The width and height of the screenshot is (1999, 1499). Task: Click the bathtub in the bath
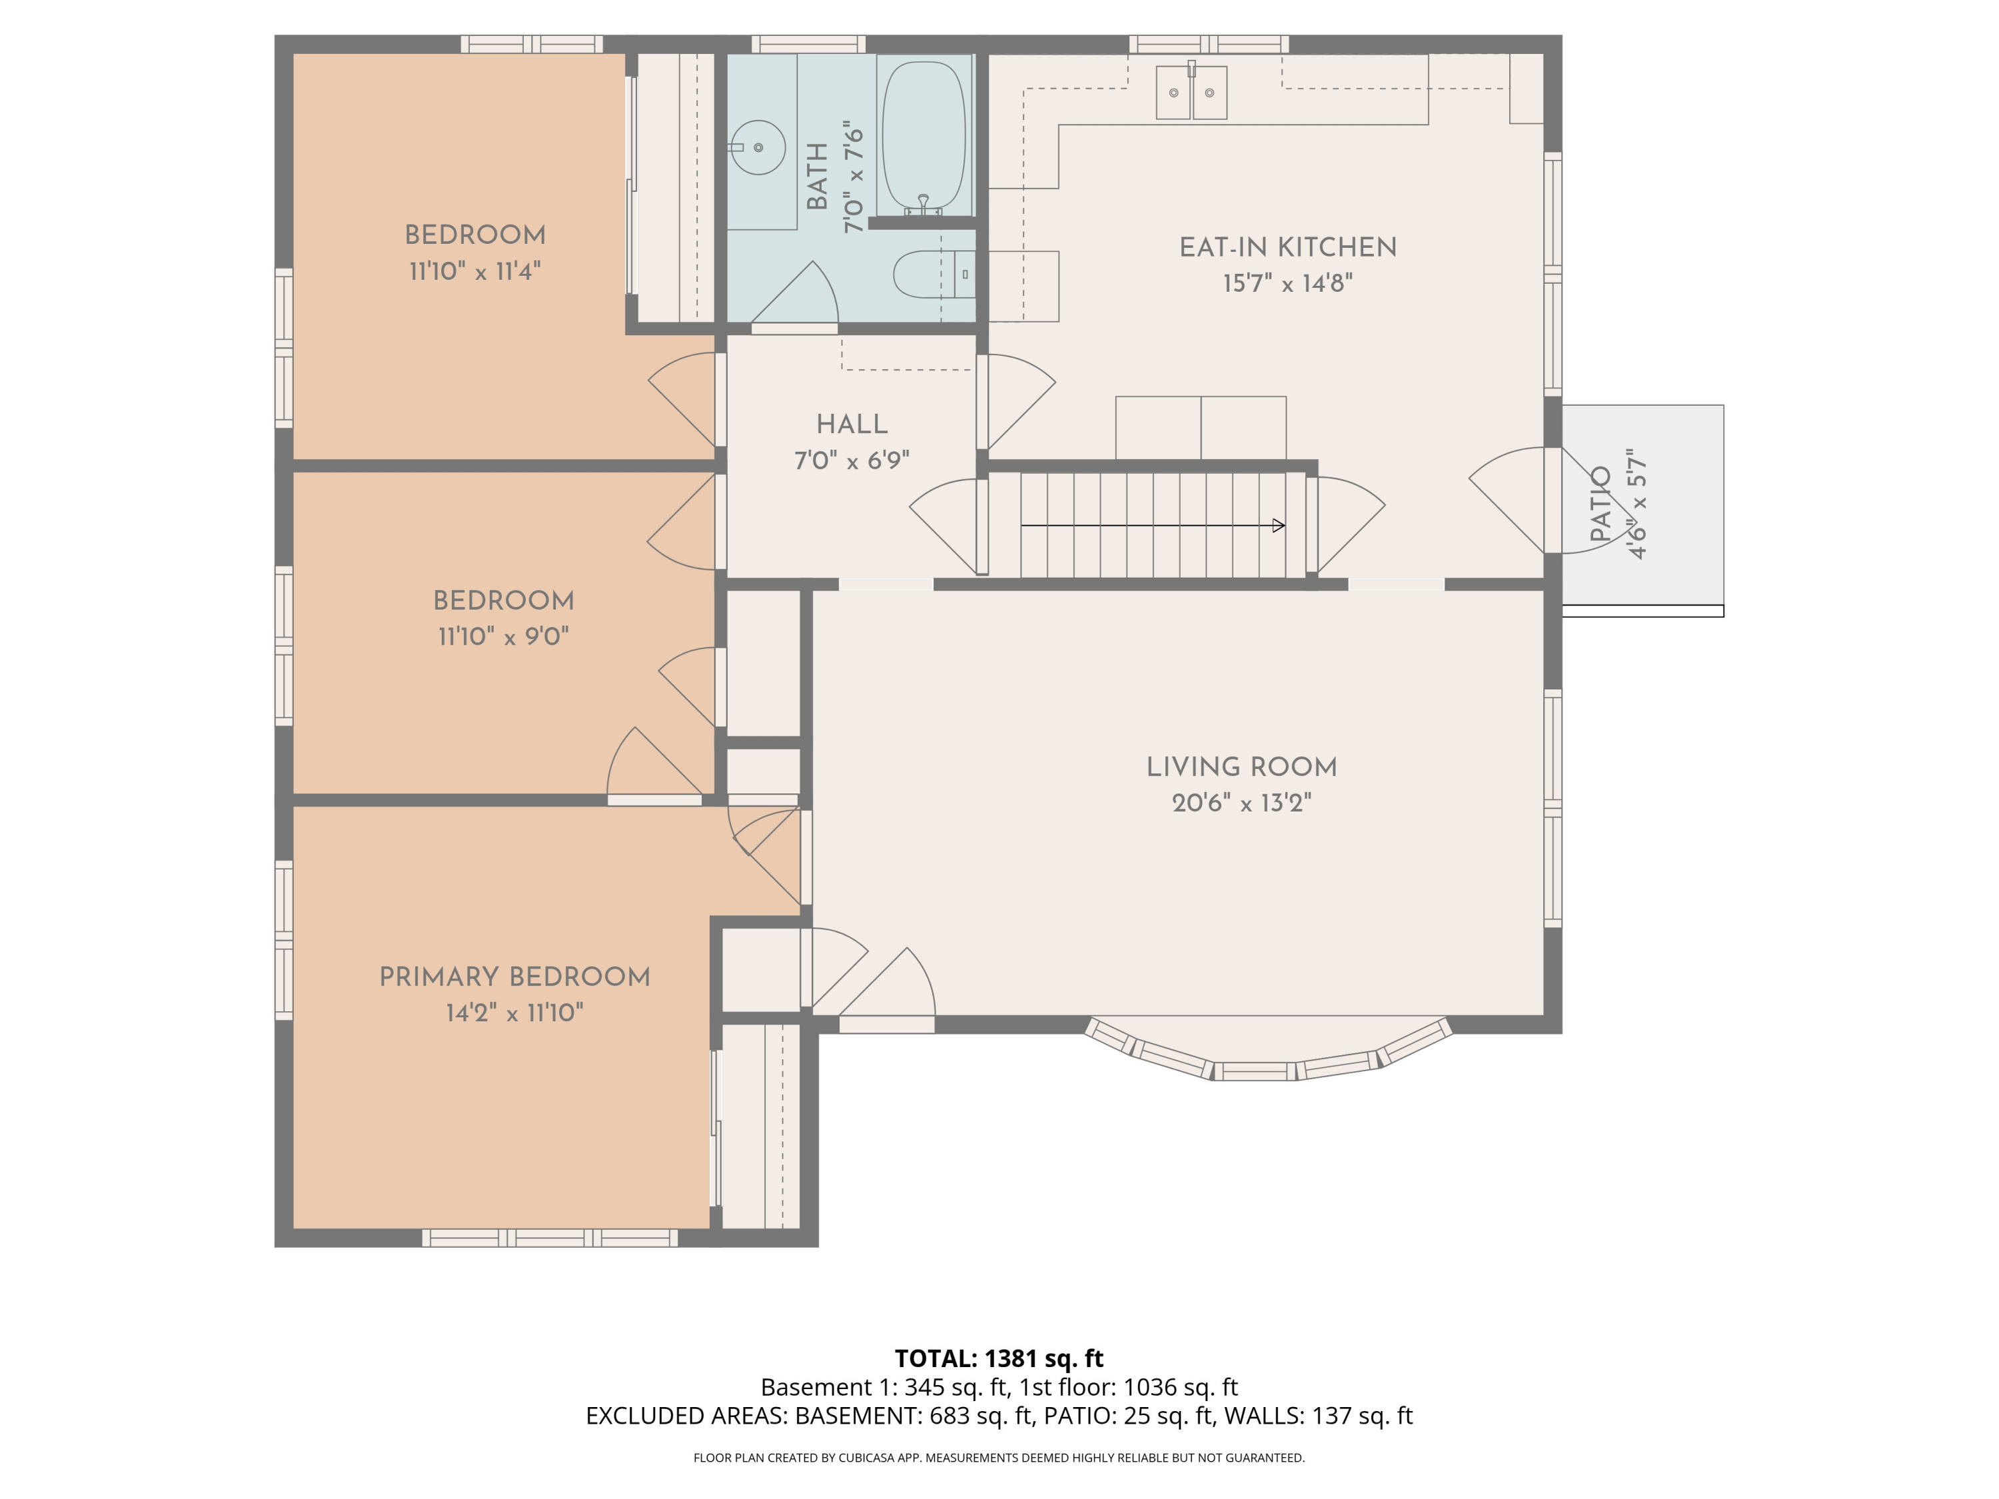[923, 135]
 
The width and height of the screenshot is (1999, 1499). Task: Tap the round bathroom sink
[758, 147]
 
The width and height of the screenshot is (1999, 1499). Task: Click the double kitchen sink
[1191, 92]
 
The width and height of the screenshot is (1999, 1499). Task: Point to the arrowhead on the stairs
[1278, 526]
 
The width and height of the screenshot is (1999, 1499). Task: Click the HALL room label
[852, 424]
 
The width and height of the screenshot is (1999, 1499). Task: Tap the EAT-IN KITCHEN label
[1288, 248]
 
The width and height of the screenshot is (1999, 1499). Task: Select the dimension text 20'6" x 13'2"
[1241, 803]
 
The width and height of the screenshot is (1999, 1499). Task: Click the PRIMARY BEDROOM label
[514, 977]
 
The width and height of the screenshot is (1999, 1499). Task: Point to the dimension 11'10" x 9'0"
[503, 637]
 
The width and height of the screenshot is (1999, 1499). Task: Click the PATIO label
[1601, 504]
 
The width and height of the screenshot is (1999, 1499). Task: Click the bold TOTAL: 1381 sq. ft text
[999, 1358]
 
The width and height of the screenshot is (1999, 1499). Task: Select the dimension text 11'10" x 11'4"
[474, 271]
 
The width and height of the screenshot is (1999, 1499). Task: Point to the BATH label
[817, 176]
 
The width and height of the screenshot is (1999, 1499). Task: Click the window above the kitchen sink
[1208, 43]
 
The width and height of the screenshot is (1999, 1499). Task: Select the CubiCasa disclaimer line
[999, 1458]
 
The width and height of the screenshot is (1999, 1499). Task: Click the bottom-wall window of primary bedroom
[550, 1238]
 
